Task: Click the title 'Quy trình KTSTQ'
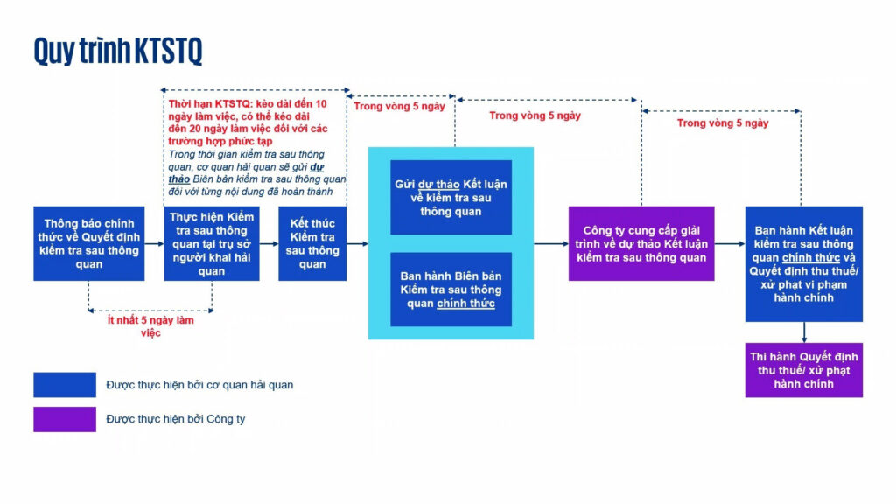coord(118,51)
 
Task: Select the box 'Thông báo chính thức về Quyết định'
coord(89,243)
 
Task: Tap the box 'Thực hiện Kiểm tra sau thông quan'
coord(212,243)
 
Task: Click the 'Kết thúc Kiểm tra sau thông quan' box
coord(312,243)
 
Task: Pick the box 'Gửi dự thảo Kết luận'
coord(451,197)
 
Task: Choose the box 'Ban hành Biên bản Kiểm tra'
coord(451,289)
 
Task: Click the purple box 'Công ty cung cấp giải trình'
coord(641,243)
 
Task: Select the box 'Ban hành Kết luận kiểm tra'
coord(803,264)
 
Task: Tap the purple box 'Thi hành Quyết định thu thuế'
coord(803,370)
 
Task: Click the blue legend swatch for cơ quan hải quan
coord(65,385)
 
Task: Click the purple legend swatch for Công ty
coord(65,419)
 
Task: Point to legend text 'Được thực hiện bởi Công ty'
coord(175,419)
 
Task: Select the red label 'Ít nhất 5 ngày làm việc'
coord(150,326)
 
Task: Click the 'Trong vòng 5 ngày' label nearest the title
coord(399,106)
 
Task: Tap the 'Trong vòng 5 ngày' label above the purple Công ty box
coord(535,115)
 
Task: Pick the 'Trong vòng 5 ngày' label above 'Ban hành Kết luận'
coord(723,122)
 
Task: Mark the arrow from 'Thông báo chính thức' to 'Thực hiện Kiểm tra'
coord(154,244)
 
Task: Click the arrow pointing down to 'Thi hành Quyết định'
coord(804,332)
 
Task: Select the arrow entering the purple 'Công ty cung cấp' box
coord(551,244)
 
